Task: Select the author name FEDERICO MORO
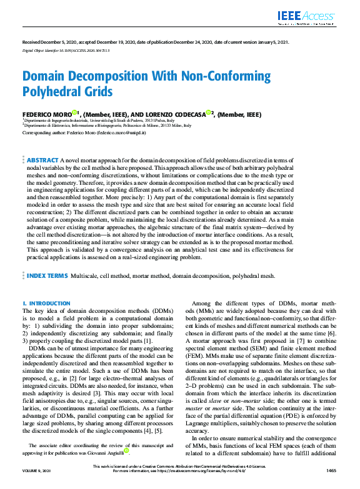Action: point(46,114)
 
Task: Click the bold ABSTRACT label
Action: point(43,161)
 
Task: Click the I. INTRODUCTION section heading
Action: point(46,303)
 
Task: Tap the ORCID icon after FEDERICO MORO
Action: point(74,113)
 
